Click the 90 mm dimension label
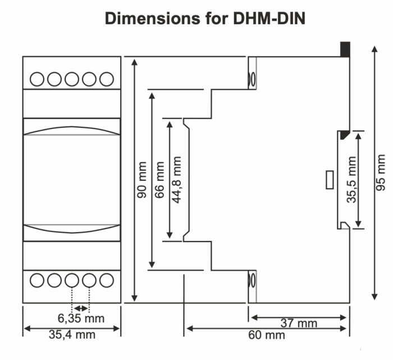[x=142, y=180]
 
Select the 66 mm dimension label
[x=160, y=180]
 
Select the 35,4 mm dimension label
[x=72, y=335]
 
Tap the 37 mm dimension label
[x=299, y=323]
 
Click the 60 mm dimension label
[x=267, y=335]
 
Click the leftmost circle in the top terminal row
[x=37, y=79]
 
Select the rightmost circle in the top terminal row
[x=106, y=79]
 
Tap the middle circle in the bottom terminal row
[x=72, y=279]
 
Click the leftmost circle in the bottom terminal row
[x=37, y=279]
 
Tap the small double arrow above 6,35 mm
[x=80, y=308]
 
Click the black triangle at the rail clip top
[x=343, y=134]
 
